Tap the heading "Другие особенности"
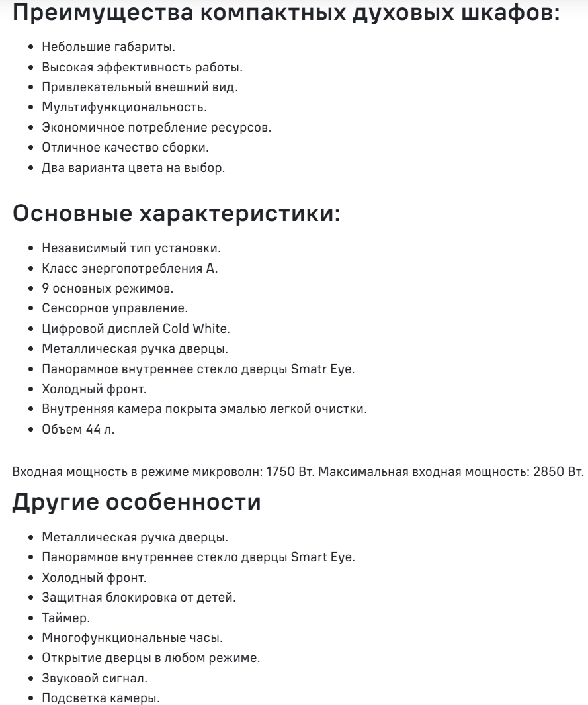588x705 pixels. [136, 502]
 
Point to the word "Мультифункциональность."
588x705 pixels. [124, 107]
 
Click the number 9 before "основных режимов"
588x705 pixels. [45, 289]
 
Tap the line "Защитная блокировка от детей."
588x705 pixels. [138, 597]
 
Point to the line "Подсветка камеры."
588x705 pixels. [100, 698]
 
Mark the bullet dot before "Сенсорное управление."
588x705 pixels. [31, 309]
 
